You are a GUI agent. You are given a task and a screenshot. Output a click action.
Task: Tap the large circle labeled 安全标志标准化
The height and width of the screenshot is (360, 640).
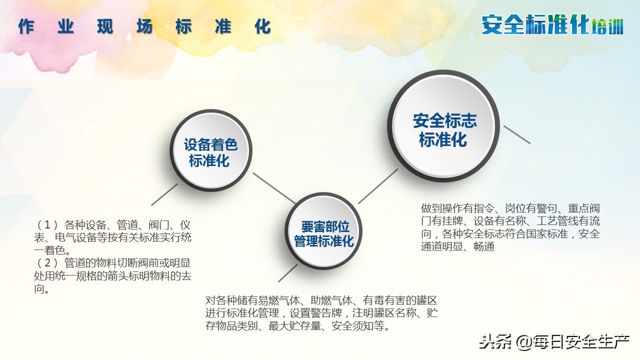point(444,128)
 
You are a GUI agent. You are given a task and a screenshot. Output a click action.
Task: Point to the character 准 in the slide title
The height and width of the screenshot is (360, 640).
point(223,26)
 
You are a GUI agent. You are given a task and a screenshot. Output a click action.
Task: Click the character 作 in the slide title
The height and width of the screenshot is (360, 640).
point(26,26)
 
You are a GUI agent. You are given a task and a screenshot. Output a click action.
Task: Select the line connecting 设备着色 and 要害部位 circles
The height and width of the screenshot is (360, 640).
point(274,188)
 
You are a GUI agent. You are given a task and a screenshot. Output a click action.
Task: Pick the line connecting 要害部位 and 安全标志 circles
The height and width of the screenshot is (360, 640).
point(378,186)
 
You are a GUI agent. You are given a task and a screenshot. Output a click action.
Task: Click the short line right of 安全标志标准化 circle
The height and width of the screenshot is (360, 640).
point(516,134)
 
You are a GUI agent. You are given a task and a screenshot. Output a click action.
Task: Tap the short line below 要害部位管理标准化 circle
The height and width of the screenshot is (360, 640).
point(287,273)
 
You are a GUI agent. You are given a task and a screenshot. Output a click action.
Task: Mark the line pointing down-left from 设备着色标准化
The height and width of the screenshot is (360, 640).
point(164,194)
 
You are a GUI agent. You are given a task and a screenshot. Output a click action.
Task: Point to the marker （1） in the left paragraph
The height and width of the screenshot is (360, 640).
point(48,225)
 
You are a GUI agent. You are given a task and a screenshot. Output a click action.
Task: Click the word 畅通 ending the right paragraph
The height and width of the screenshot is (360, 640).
point(484,247)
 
